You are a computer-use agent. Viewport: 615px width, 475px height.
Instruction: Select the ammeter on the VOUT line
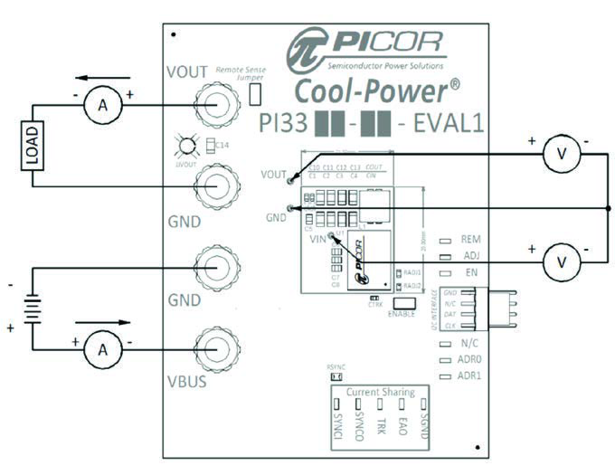[x=103, y=107]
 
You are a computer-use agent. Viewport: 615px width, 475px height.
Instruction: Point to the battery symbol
[x=33, y=308]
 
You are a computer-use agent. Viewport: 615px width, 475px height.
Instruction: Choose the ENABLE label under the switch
[x=401, y=313]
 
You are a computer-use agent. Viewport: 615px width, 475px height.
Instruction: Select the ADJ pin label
[x=470, y=256]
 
